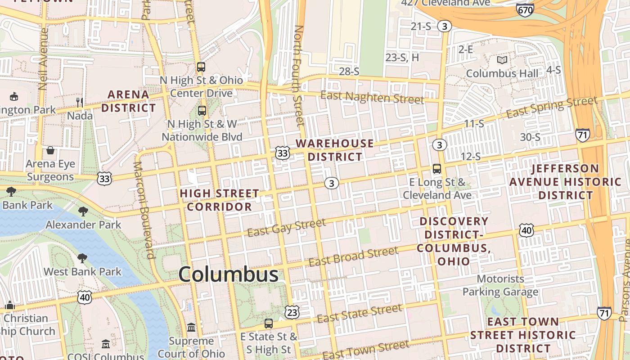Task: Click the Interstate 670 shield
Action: click(525, 9)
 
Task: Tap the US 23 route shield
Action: click(292, 311)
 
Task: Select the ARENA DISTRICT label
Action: click(128, 101)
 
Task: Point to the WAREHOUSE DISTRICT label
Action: click(335, 150)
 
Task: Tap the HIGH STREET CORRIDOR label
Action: click(220, 200)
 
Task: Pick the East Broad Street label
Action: click(353, 256)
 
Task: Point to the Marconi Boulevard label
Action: click(144, 210)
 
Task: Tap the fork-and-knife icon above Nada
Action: click(80, 102)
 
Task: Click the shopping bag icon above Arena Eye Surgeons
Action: click(50, 150)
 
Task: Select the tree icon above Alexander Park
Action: click(83, 211)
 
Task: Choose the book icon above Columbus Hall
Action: click(502, 60)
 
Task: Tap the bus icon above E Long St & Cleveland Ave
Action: click(436, 169)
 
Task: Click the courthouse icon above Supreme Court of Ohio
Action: click(191, 327)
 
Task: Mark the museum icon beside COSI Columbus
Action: click(106, 344)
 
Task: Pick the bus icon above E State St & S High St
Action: click(269, 323)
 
